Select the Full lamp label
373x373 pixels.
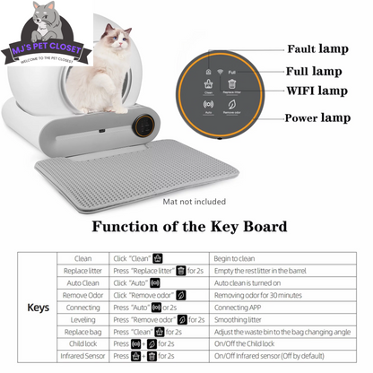[313, 70]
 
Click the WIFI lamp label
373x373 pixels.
[317, 91]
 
